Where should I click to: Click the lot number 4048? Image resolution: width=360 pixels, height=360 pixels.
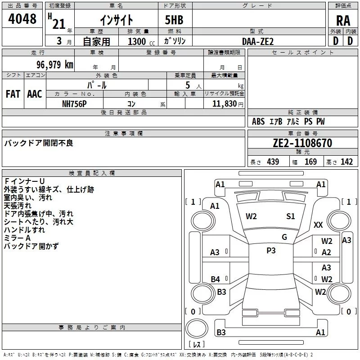22,18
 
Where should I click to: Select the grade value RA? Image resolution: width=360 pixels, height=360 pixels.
343,21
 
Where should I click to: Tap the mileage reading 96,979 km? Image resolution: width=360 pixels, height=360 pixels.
55,64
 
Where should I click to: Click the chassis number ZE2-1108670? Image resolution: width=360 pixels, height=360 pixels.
302,143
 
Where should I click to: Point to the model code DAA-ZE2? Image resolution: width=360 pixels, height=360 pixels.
258,41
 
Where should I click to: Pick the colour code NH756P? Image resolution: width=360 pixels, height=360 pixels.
74,104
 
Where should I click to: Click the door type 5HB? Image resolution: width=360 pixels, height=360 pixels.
174,20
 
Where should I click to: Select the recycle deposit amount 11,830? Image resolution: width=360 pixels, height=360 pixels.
224,104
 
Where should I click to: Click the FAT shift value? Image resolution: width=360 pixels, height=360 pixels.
13,94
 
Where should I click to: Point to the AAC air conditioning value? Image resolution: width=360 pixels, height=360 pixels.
35,94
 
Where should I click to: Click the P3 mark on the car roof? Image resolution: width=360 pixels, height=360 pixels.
271,251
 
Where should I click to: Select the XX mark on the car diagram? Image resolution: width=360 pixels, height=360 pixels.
318,225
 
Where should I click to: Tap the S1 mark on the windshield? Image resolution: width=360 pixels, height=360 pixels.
290,216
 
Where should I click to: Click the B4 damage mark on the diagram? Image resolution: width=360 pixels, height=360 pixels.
216,279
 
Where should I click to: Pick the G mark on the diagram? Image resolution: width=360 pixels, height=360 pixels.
284,237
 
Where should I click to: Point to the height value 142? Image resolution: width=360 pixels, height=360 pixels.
346,162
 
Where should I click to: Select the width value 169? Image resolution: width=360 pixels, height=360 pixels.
310,162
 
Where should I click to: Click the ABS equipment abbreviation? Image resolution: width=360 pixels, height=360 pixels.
258,121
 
